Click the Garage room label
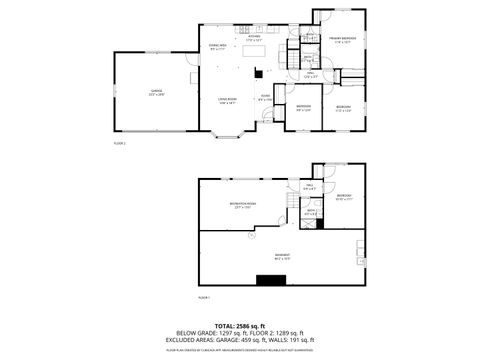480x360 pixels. point(157,92)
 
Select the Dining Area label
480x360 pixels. point(217,46)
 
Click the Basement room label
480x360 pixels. point(283,255)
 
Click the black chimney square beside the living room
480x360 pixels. point(258,72)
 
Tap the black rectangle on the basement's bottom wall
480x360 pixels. point(270,280)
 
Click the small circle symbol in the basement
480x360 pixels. point(251,236)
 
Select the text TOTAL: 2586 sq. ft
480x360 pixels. point(241,326)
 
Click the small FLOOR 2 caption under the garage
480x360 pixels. point(120,146)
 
